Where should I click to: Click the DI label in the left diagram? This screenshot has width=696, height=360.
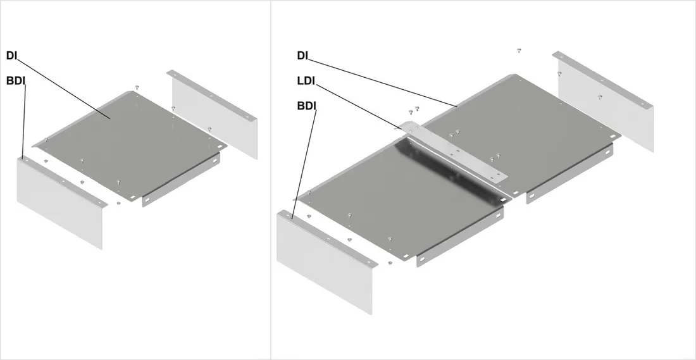coord(11,56)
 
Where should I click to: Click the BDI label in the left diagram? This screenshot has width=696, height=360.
coord(16,81)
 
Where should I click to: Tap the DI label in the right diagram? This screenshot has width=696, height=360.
coord(302,56)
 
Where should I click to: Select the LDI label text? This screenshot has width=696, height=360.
coord(306,81)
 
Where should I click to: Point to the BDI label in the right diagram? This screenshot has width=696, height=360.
coord(306,106)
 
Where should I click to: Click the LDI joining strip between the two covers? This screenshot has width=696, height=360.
coord(453,151)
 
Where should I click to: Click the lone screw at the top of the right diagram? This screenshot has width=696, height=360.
coord(519,51)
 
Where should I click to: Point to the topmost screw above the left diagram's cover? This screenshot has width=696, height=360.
coord(137,87)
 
